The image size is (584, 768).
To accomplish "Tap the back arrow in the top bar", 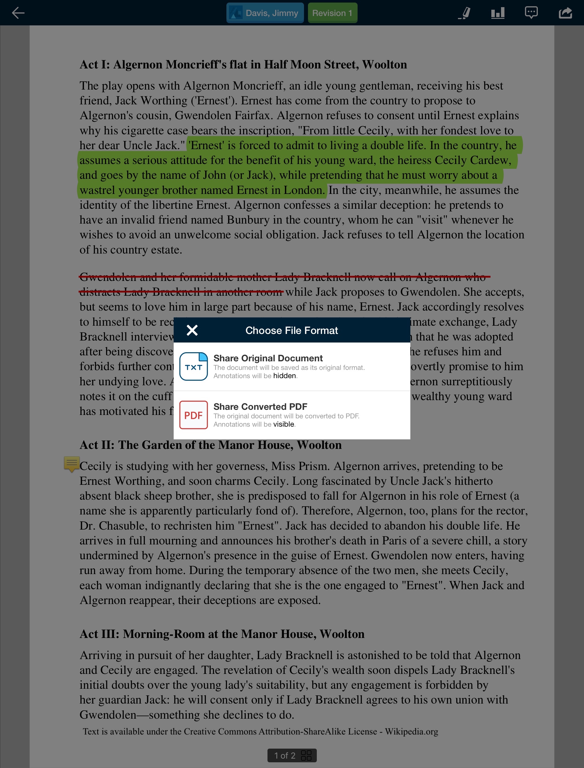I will [x=18, y=13].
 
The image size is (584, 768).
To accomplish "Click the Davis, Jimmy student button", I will [x=265, y=13].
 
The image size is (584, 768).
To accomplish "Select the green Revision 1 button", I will [x=332, y=13].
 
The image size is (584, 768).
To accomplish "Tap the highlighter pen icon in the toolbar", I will [x=465, y=13].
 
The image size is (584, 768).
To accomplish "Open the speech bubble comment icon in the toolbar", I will [x=531, y=13].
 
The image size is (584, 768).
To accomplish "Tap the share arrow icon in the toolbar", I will [x=565, y=13].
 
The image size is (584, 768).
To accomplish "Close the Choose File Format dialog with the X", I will [x=192, y=330].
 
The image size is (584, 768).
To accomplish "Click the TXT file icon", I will [x=194, y=366].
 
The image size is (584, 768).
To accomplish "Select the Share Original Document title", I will [x=268, y=358].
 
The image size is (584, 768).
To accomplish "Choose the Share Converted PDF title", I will [x=260, y=406].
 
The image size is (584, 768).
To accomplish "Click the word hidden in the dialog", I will [x=284, y=376].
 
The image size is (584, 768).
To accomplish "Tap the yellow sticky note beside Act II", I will [x=72, y=463].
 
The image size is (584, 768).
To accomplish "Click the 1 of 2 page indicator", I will [x=284, y=755].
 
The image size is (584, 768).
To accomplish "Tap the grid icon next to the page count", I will [x=306, y=755].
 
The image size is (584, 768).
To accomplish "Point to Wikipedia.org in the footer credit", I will [x=411, y=731].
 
